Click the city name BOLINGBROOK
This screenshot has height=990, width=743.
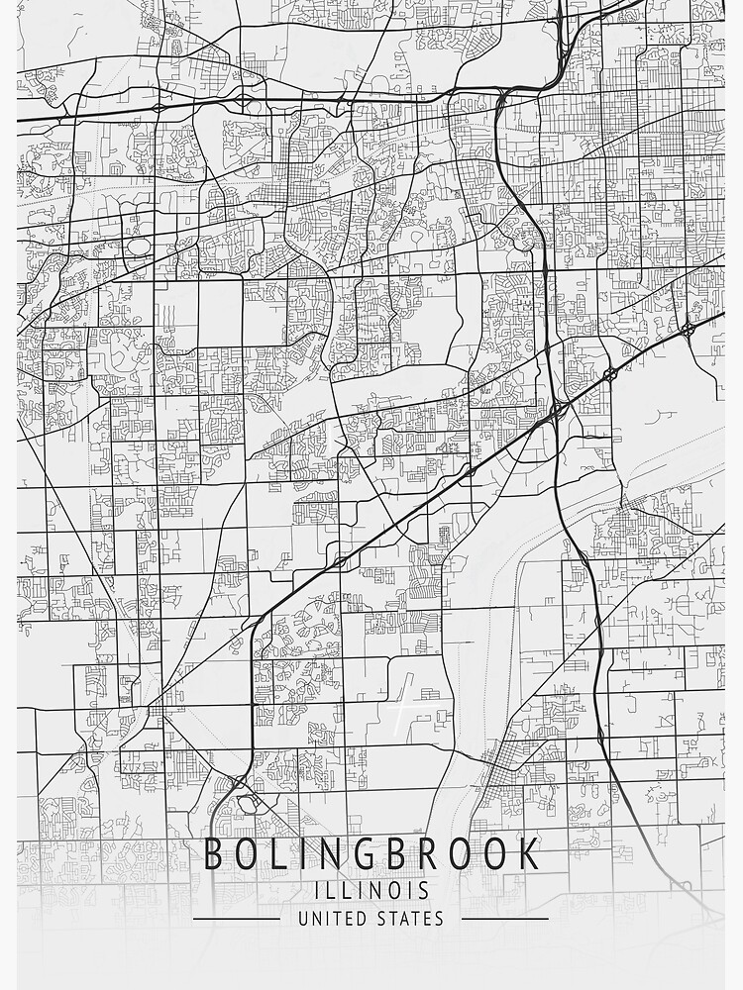tap(371, 853)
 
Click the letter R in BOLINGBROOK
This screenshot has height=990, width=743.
tap(437, 853)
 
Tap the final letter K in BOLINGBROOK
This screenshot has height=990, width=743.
tap(531, 853)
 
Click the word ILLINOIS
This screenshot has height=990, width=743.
tap(371, 890)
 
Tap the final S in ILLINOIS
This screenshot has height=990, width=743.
tap(424, 890)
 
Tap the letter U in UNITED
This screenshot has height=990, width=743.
tap(303, 919)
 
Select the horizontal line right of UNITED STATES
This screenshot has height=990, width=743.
tap(504, 919)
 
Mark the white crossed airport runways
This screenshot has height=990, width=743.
tap(400, 710)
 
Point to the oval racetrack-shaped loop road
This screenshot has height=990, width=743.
tap(138, 245)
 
